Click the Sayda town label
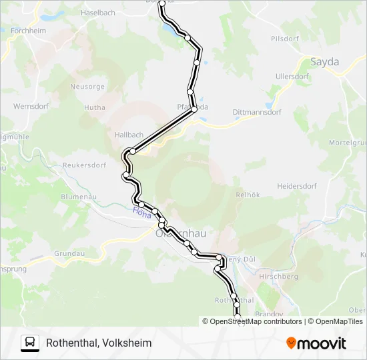pos(325,62)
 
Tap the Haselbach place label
pos(97,13)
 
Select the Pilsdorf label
pos(284,39)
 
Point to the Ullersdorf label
pos(292,76)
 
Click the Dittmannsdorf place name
pos(257,112)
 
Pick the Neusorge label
pos(87,87)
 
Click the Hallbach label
pos(129,135)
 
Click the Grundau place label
pos(69,254)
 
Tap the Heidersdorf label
pos(296,186)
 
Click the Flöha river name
pos(142,213)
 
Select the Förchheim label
pos(28,31)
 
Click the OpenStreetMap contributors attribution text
pos(256,321)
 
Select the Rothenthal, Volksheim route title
pos(99,343)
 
